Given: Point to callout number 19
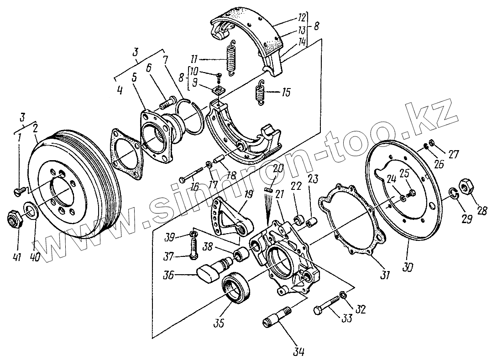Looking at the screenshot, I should pos(247,194).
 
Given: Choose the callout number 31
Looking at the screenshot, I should pos(385,275).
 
